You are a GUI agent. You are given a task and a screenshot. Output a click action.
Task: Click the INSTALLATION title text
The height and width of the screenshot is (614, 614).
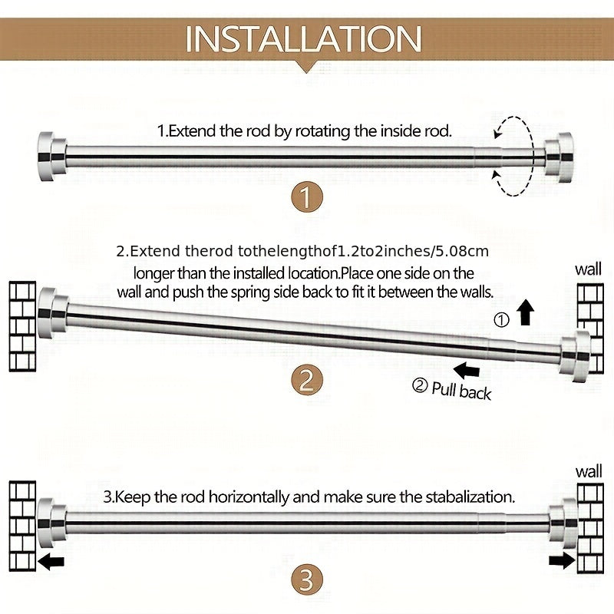click(x=303, y=39)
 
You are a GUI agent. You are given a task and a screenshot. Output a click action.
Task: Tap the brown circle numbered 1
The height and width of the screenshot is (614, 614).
click(x=307, y=197)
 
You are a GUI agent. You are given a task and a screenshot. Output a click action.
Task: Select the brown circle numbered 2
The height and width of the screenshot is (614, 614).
click(x=307, y=381)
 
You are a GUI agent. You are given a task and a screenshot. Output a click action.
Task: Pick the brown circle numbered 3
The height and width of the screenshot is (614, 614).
click(x=307, y=580)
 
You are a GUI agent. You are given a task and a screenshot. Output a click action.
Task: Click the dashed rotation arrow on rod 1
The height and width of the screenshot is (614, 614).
click(x=532, y=156)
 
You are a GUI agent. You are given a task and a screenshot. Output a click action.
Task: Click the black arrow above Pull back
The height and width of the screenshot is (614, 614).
click(x=467, y=370)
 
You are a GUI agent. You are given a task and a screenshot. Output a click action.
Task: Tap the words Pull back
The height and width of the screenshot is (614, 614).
click(x=461, y=391)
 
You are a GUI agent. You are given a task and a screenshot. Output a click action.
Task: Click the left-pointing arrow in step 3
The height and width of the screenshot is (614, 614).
click(x=51, y=563)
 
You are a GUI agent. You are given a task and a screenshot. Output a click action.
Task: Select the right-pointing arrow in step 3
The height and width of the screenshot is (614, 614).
click(x=562, y=560)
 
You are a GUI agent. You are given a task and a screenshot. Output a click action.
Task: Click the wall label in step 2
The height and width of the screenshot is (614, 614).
click(x=588, y=270)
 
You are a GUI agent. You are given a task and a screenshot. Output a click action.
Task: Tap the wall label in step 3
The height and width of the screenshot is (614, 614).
click(x=589, y=472)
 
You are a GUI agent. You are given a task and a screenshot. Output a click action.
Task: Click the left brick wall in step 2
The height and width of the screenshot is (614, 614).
click(x=22, y=326)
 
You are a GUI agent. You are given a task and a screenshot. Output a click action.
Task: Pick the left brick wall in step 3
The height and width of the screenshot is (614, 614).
click(x=22, y=526)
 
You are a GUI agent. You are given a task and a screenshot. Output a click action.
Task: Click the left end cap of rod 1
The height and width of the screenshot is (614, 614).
click(x=51, y=157)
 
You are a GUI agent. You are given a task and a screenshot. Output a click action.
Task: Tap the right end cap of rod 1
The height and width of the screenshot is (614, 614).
click(x=560, y=157)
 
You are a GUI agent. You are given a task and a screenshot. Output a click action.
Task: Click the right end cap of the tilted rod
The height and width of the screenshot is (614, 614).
click(x=575, y=356)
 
